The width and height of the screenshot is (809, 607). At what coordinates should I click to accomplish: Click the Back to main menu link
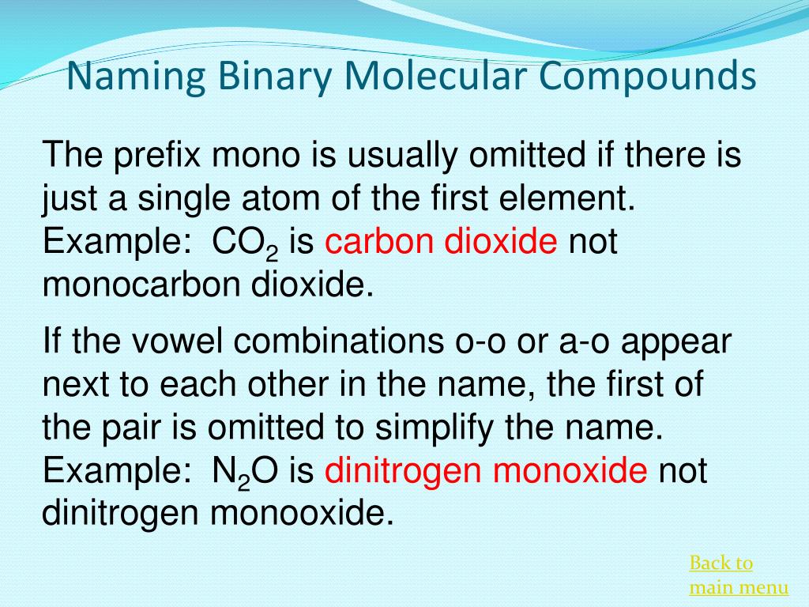click(738, 575)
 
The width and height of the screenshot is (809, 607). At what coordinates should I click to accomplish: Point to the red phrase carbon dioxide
click(441, 241)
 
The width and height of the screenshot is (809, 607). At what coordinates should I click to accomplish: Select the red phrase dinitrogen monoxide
click(486, 472)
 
